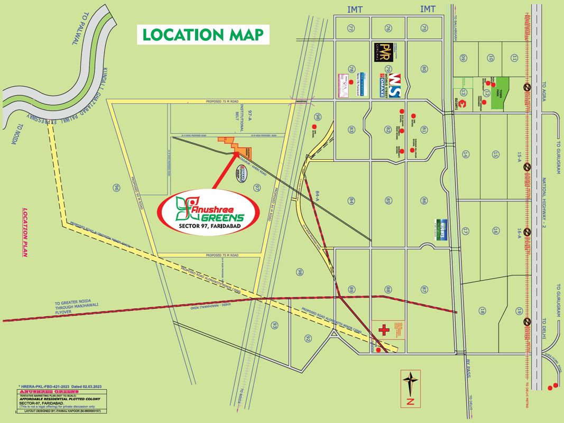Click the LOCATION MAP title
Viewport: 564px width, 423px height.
click(203, 35)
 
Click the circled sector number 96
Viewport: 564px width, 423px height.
click(116, 187)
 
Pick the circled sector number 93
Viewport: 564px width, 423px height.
click(274, 325)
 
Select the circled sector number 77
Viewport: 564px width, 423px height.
click(350, 28)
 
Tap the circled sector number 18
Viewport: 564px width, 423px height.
click(482, 310)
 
